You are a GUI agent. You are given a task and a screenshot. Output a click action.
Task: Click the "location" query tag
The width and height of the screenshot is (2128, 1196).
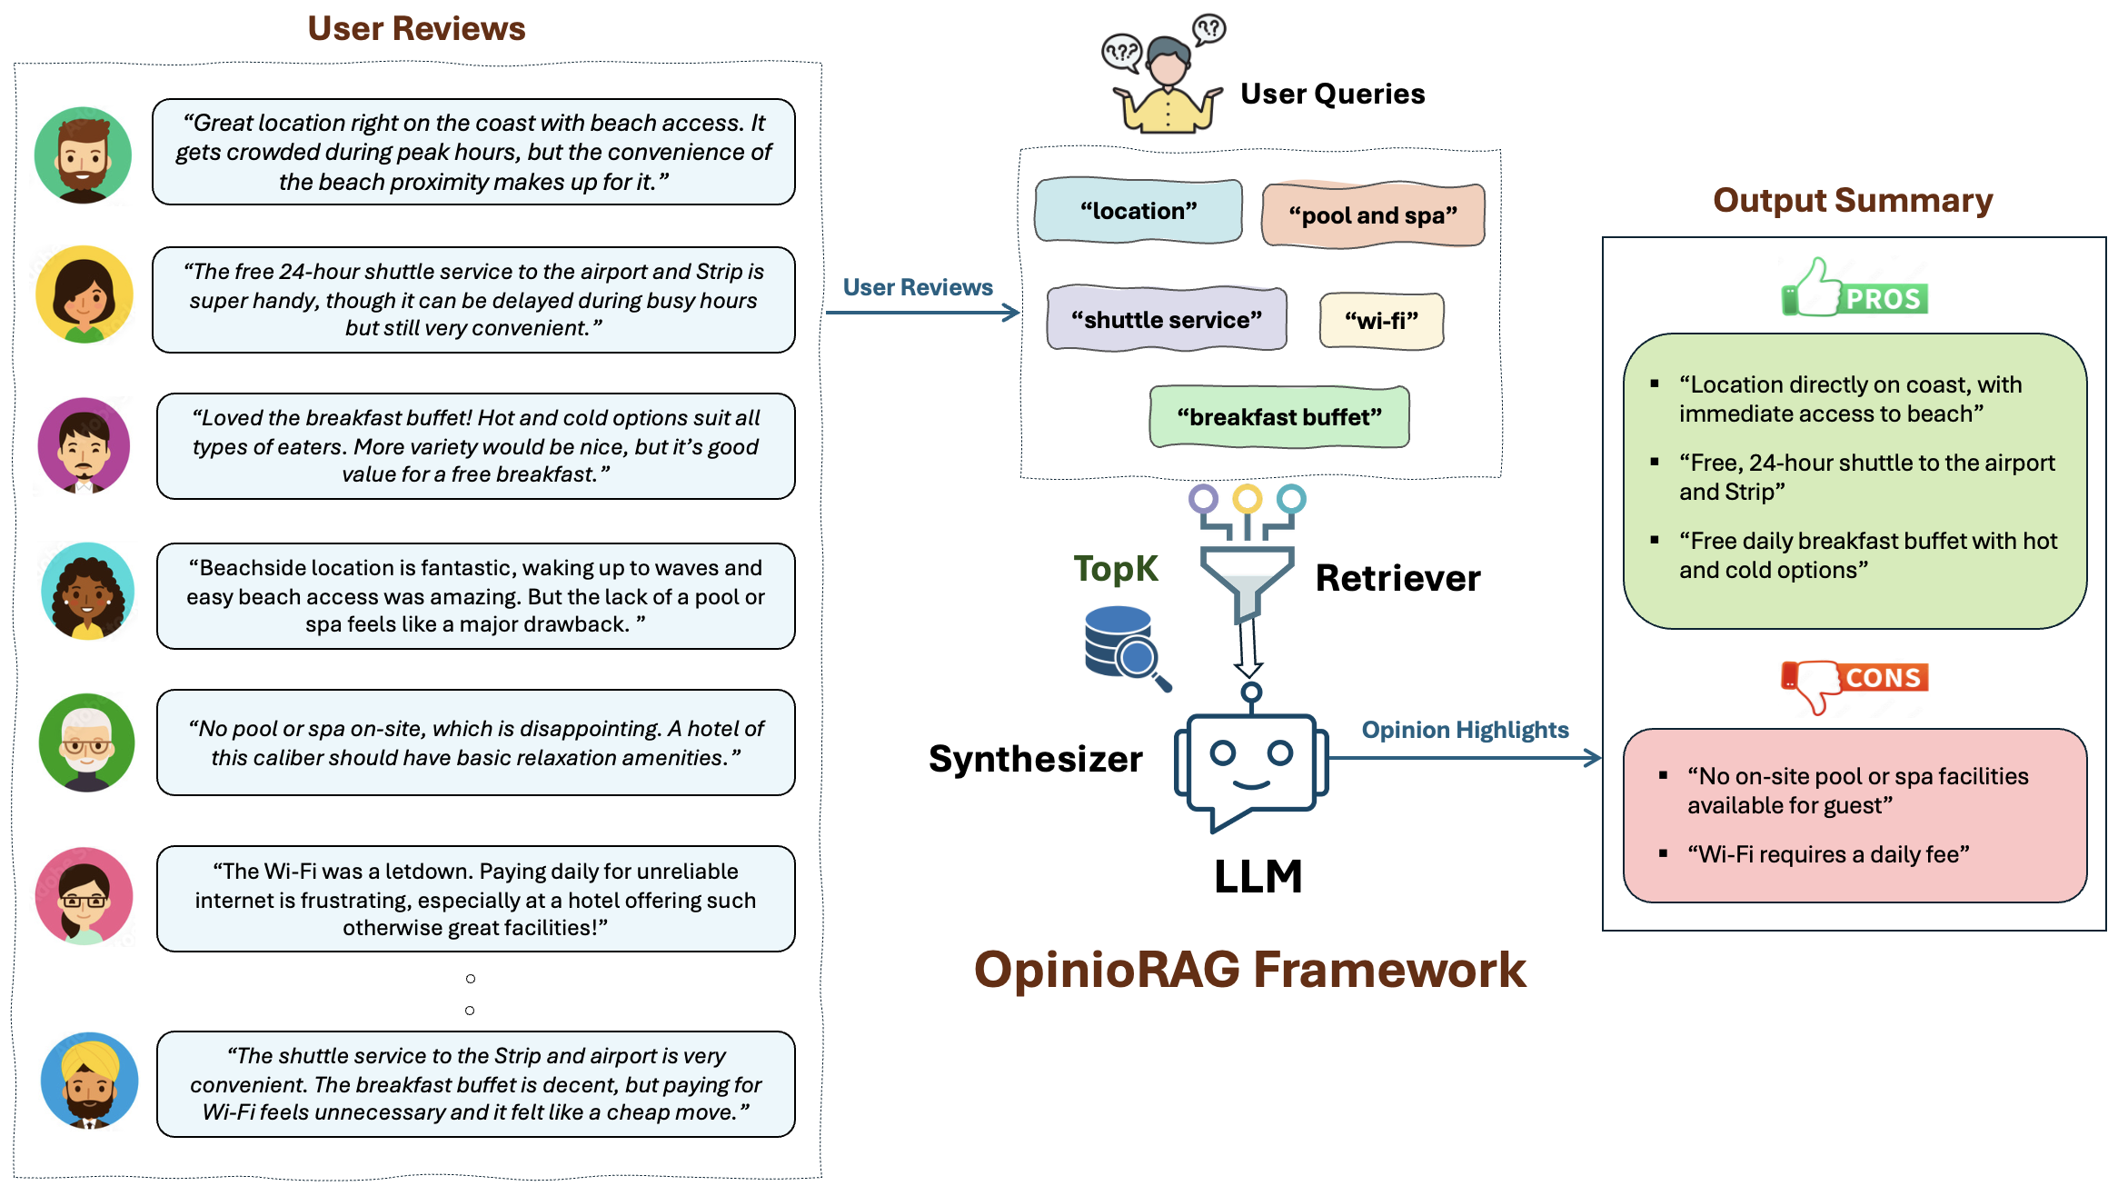[x=1138, y=211]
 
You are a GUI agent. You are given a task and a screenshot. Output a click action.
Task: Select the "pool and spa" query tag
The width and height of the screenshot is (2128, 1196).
[x=1372, y=215]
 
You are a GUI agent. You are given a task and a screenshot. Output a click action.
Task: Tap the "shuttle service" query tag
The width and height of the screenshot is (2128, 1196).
[x=1166, y=320]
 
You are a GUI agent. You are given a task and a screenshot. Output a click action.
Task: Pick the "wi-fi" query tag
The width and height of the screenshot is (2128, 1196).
[x=1381, y=321]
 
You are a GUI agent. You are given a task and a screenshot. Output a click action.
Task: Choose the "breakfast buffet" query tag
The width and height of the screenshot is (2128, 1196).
[x=1278, y=417]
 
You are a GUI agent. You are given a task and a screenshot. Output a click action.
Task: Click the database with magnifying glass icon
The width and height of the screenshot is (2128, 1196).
[x=1125, y=647]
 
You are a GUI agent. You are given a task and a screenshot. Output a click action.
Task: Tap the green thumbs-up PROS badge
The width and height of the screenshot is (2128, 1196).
[x=1854, y=290]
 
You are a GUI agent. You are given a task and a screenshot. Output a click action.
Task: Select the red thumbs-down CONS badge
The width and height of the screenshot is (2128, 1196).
[x=1854, y=683]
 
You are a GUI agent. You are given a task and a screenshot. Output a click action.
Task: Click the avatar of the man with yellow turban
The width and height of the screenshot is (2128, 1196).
[x=89, y=1081]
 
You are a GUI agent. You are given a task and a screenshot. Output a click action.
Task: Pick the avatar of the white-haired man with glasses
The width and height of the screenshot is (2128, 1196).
[x=86, y=743]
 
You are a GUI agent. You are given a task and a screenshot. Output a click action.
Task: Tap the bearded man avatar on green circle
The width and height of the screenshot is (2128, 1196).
[x=83, y=155]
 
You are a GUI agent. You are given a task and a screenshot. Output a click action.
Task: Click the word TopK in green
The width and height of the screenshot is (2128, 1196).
[x=1115, y=569]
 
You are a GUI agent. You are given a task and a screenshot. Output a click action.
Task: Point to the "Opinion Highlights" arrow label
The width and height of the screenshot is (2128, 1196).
[x=1465, y=730]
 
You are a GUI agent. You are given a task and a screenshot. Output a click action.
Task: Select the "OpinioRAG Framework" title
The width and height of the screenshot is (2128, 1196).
[x=1249, y=970]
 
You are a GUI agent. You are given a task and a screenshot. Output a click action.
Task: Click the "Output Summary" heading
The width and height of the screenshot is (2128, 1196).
[x=1852, y=201]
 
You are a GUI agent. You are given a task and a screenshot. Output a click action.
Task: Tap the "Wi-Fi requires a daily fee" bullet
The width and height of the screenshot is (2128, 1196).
[x=1827, y=854]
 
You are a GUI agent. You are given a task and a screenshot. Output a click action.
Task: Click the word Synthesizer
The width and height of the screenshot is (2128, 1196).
[x=1035, y=759]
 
